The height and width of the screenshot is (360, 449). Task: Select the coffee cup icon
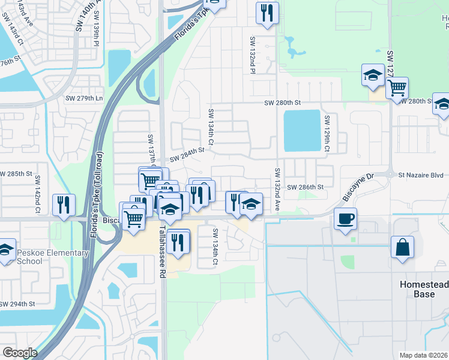(345, 219)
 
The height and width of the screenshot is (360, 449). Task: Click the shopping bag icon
(402, 247)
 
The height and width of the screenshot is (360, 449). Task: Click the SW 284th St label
(187, 158)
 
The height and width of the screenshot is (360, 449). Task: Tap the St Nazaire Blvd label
(423, 176)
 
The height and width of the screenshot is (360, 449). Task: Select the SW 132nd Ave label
(278, 188)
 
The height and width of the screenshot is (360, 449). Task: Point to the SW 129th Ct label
(328, 133)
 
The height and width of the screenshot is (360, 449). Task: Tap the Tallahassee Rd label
(163, 252)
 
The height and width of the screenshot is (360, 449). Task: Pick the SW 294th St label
(23, 304)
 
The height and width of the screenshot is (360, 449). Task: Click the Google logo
(20, 353)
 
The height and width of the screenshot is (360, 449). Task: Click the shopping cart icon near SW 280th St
(397, 88)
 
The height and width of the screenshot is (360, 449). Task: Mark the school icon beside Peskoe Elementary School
(5, 250)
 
